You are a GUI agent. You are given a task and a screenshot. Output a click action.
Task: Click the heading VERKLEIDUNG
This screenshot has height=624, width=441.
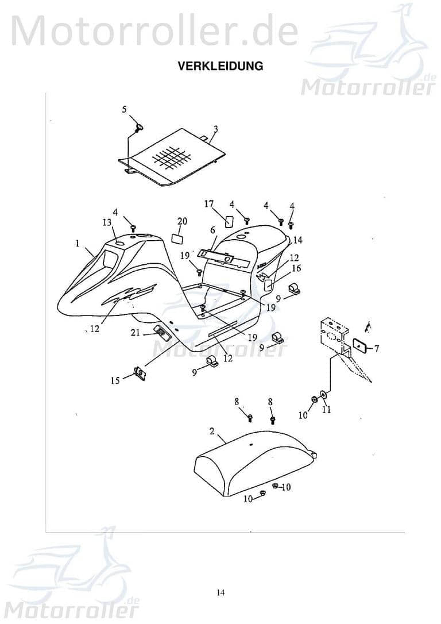click(x=220, y=66)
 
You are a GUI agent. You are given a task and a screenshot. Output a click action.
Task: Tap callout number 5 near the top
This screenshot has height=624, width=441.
click(x=125, y=109)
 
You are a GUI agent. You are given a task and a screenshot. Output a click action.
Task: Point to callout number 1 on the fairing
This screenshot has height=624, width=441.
click(x=77, y=244)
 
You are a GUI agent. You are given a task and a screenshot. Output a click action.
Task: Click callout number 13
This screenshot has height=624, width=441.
click(x=107, y=222)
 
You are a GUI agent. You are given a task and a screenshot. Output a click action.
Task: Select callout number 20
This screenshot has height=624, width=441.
click(x=182, y=222)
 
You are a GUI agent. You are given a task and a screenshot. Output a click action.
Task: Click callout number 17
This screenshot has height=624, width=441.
click(x=209, y=203)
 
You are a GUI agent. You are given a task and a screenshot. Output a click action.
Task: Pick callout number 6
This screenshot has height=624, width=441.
click(x=212, y=230)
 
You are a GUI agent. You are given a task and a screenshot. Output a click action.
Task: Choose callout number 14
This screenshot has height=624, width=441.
click(x=297, y=240)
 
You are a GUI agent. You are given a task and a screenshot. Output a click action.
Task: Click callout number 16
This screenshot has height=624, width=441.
click(x=296, y=268)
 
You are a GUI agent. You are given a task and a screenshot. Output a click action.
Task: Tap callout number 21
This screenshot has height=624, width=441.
click(x=134, y=332)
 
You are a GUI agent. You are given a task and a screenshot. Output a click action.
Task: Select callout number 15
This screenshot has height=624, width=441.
click(x=115, y=380)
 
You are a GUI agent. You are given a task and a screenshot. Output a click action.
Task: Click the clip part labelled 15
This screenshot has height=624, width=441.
click(x=140, y=374)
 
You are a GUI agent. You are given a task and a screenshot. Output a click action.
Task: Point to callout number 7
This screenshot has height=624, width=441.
click(x=377, y=349)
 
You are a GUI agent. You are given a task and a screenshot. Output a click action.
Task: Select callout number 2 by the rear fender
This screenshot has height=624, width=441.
click(x=211, y=431)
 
